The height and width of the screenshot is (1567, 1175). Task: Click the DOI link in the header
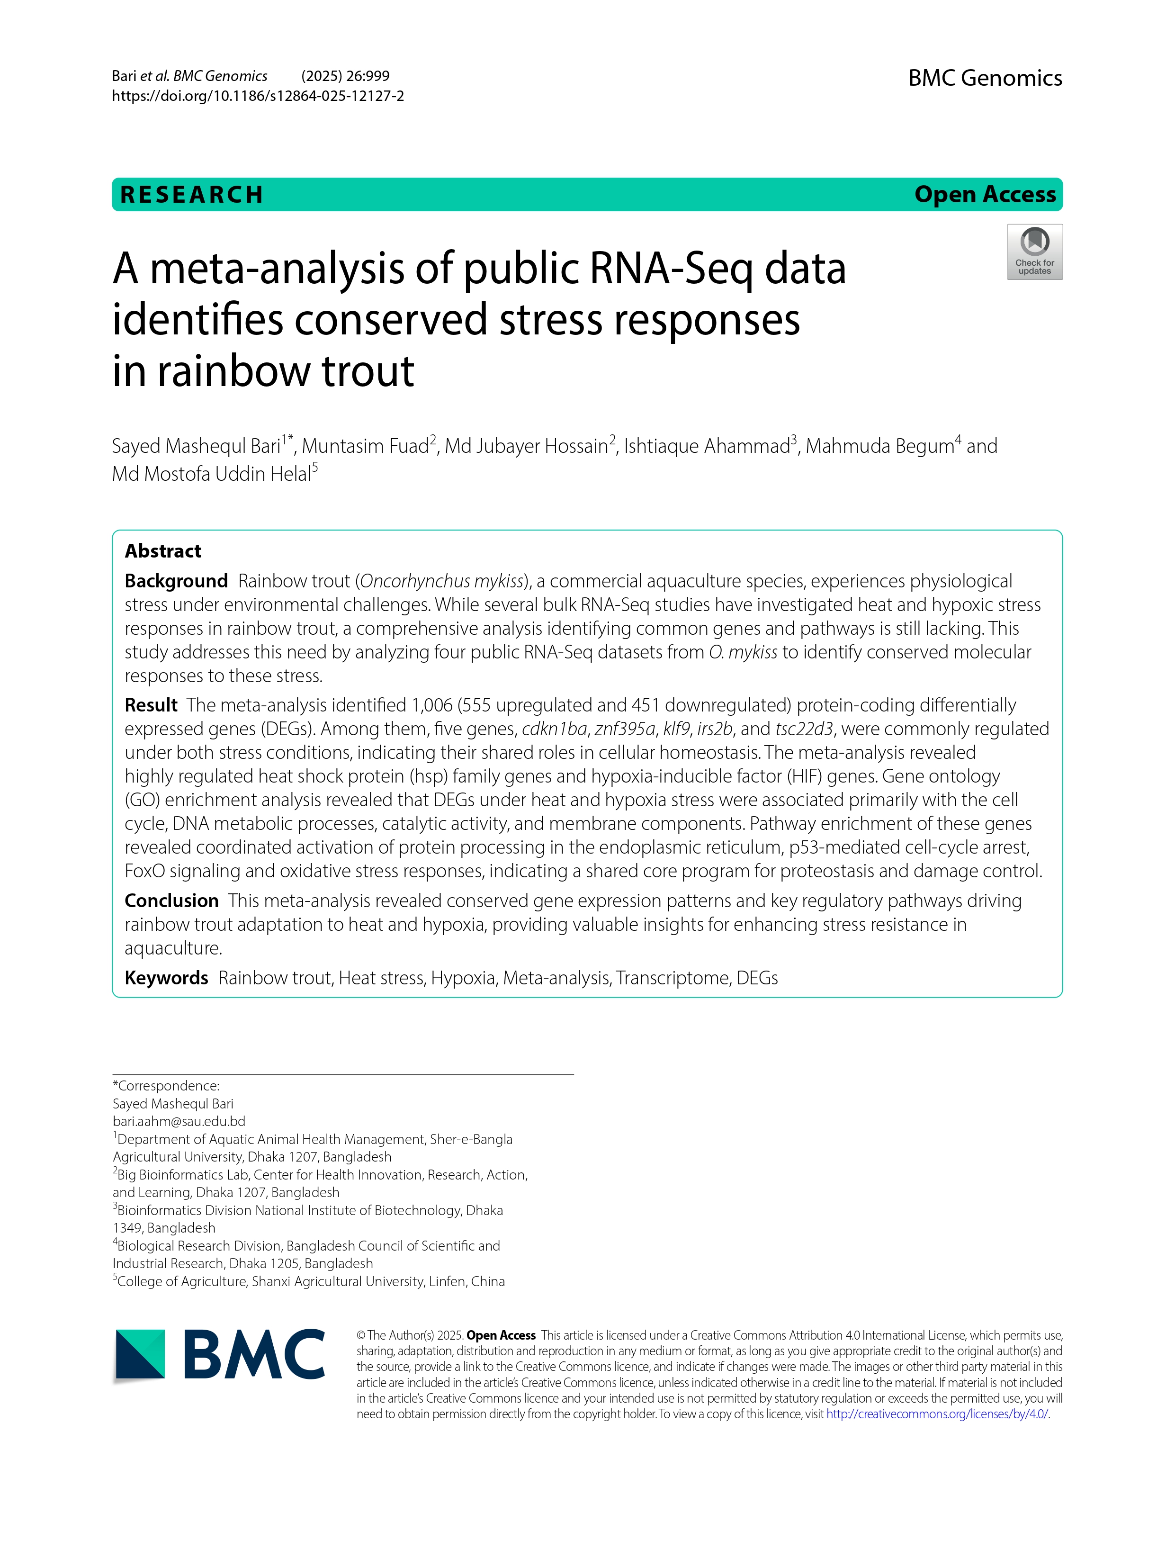click(x=258, y=96)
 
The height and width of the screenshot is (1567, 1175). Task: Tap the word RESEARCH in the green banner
click(x=192, y=195)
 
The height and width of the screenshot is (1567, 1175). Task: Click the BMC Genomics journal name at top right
click(x=985, y=78)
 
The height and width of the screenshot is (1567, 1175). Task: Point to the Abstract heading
click(x=163, y=551)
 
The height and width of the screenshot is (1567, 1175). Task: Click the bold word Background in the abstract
click(x=176, y=581)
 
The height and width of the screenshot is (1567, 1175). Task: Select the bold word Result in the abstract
click(x=151, y=705)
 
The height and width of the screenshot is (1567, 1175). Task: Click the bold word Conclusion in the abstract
click(x=171, y=901)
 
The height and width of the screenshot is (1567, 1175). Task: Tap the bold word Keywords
click(x=166, y=978)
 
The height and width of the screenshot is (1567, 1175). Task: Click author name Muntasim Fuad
click(x=366, y=446)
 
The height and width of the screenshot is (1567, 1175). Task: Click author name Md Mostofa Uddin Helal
click(x=211, y=474)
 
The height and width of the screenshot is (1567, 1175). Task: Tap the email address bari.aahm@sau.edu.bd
click(x=179, y=1121)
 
